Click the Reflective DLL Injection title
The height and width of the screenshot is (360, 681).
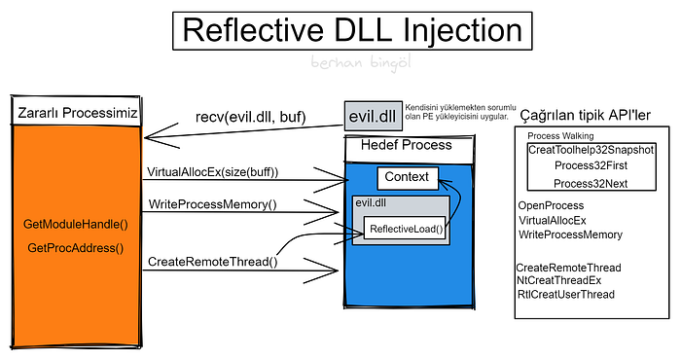point(352,30)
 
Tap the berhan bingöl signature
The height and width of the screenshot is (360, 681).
point(361,63)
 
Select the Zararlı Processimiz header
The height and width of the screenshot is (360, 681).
point(77,113)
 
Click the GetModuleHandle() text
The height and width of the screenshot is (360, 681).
point(76,225)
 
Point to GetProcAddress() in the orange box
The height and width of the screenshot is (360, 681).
point(76,248)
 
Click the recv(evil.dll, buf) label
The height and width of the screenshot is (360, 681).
point(251,117)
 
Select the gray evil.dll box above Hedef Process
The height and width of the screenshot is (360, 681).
point(373,116)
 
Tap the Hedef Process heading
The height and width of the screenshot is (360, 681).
point(406,145)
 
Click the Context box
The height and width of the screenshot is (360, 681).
point(408,178)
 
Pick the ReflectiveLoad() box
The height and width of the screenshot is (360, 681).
point(405,228)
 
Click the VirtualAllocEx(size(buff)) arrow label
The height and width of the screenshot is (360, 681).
point(212,172)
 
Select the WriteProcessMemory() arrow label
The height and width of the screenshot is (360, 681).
point(212,204)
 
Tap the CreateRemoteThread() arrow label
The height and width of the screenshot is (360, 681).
point(213,262)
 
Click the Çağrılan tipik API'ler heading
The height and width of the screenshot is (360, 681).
point(585,116)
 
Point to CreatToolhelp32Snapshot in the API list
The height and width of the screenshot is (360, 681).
point(591,150)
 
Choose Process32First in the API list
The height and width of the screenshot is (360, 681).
point(591,165)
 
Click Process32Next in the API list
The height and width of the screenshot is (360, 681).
point(591,184)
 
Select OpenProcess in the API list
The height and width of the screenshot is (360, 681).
point(552,206)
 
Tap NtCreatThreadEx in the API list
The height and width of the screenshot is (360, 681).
point(559,280)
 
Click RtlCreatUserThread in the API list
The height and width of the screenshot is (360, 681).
point(566,295)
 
